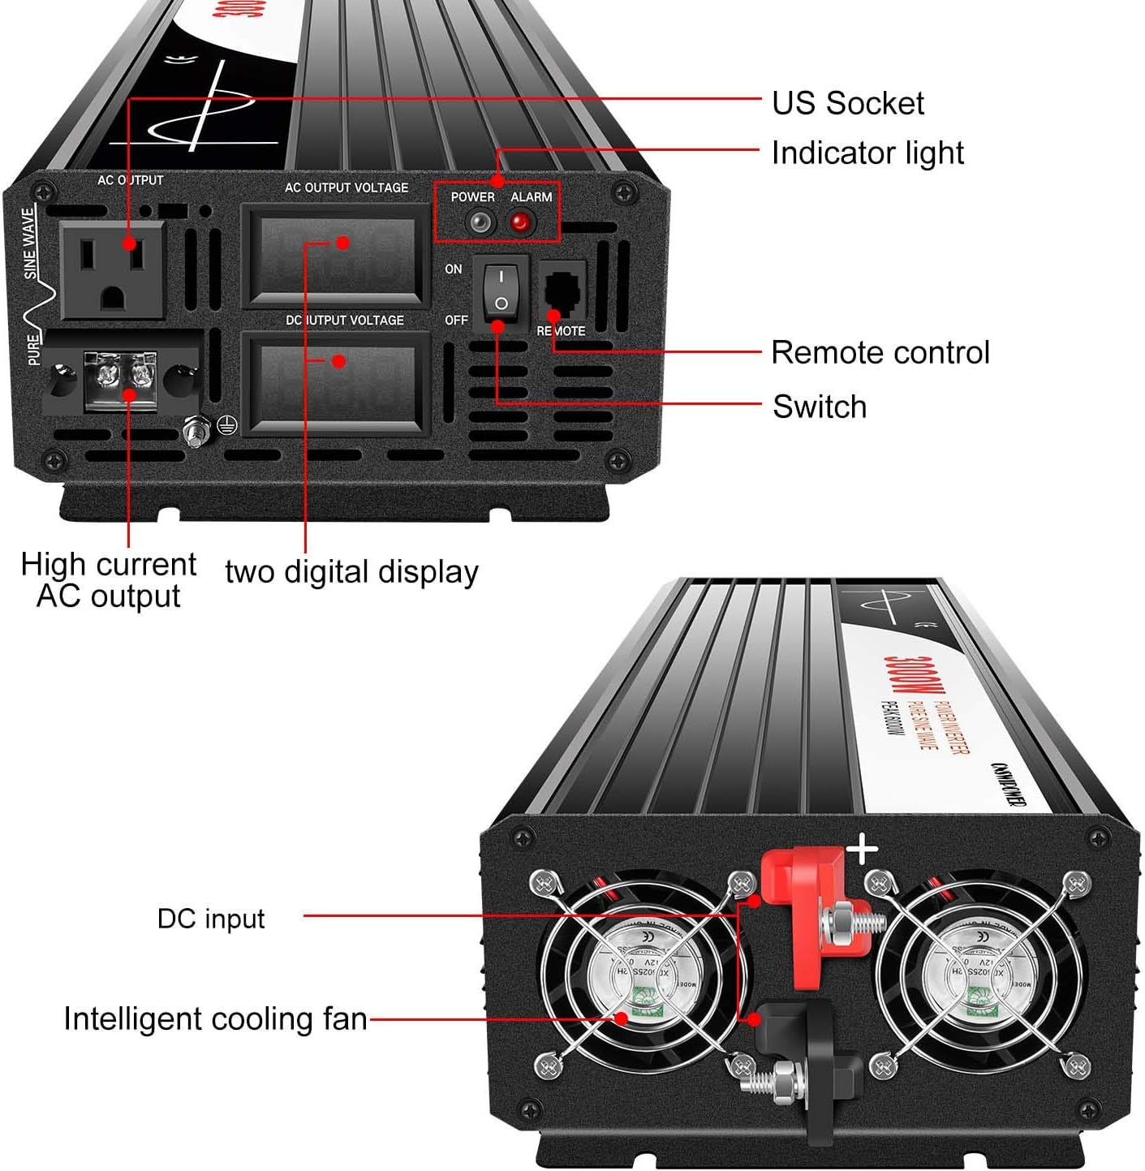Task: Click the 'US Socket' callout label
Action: [847, 104]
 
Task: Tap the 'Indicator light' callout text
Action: [867, 153]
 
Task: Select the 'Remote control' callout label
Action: [880, 353]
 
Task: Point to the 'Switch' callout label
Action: [820, 407]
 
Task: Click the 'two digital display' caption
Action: [351, 572]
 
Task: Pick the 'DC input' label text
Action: [211, 919]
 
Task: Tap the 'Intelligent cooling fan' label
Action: [215, 1019]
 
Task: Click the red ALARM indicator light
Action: [520, 222]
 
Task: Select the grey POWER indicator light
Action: [480, 222]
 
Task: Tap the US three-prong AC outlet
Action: [113, 269]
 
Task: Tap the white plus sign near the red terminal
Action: [862, 850]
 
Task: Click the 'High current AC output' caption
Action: [109, 580]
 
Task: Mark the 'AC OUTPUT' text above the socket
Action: [130, 180]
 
